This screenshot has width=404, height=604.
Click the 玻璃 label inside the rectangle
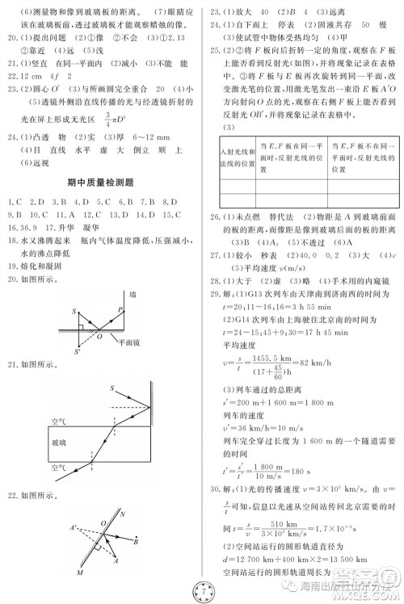(59, 443)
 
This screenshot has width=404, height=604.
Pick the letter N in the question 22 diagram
(122, 514)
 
